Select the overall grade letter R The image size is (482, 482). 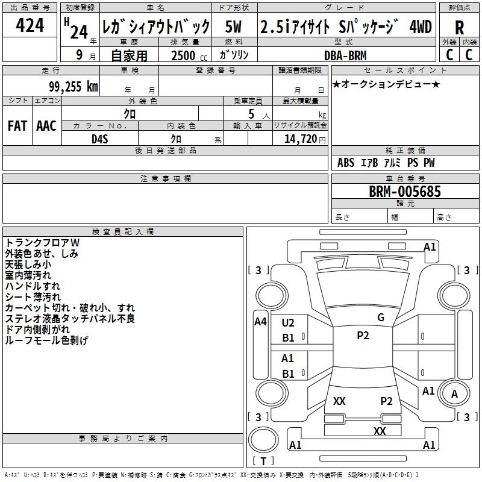pyautogui.click(x=459, y=28)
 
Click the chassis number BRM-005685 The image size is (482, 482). pyautogui.click(x=405, y=192)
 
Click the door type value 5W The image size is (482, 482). pyautogui.click(x=234, y=27)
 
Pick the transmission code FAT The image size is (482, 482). pyautogui.click(x=17, y=126)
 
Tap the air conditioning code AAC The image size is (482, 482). pyautogui.click(x=46, y=126)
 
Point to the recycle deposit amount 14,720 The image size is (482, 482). pyautogui.click(x=299, y=139)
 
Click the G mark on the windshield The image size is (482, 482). pyautogui.click(x=380, y=317)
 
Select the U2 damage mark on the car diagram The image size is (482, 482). pyautogui.click(x=288, y=323)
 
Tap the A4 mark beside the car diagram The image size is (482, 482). pyautogui.click(x=260, y=322)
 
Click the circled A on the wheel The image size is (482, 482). pyautogui.click(x=454, y=395)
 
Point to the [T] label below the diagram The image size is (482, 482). pyautogui.click(x=263, y=461)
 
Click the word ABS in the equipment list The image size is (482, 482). pyautogui.click(x=346, y=163)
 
